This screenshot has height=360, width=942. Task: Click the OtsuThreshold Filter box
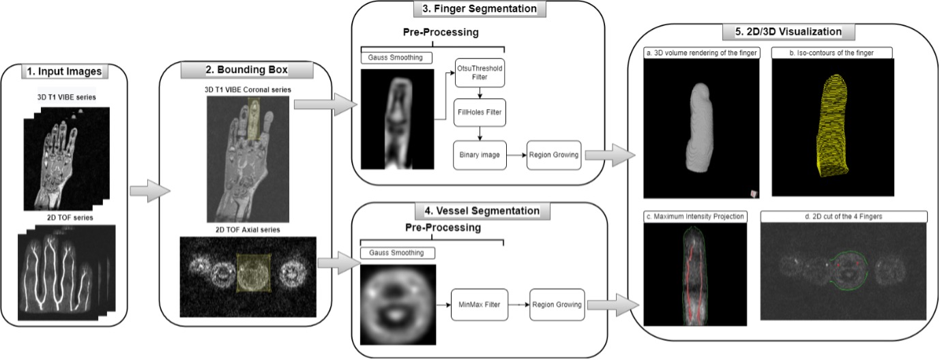(x=480, y=72)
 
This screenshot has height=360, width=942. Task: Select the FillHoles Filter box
(x=480, y=112)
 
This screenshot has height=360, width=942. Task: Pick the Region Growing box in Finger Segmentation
(x=553, y=155)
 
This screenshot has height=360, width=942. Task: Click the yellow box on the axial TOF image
(x=254, y=272)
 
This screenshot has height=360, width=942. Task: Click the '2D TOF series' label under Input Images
(x=66, y=217)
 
